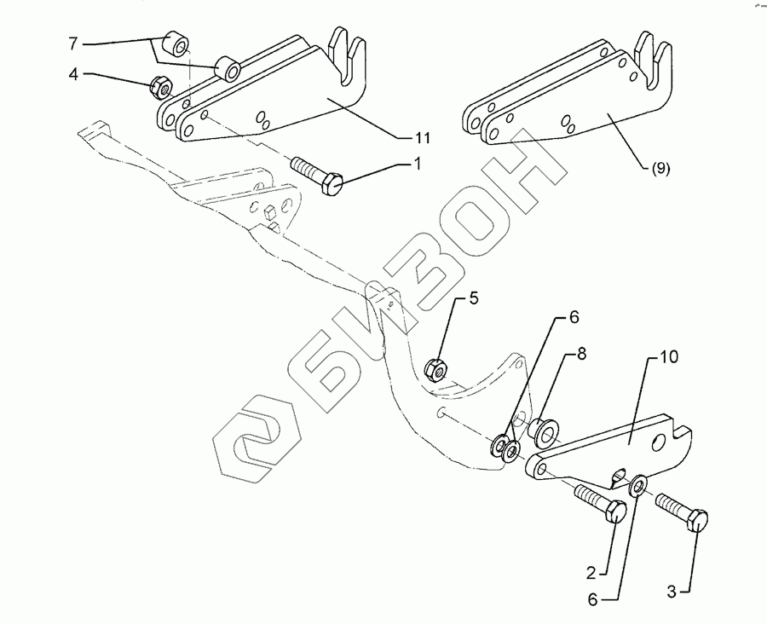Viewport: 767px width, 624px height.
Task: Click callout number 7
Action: click(x=73, y=42)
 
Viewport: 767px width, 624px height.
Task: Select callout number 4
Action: click(x=73, y=75)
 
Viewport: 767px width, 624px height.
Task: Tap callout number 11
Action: click(x=423, y=137)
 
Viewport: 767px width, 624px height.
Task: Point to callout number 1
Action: click(x=418, y=165)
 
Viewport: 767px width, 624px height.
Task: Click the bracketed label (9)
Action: click(x=660, y=168)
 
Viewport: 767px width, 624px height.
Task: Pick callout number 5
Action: click(x=473, y=298)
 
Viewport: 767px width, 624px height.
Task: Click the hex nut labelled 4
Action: click(x=159, y=85)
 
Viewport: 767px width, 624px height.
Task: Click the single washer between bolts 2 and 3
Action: click(x=637, y=488)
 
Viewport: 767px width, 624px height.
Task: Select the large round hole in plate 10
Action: click(x=658, y=443)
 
